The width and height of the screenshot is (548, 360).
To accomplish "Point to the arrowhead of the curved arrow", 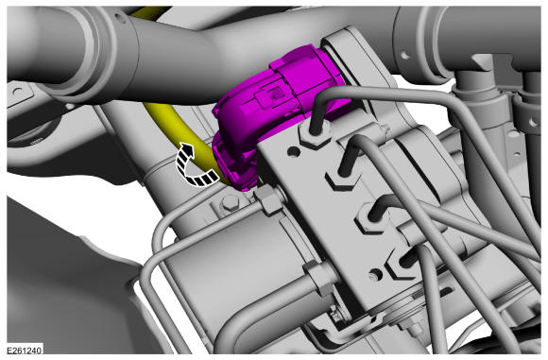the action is pyautogui.click(x=188, y=148).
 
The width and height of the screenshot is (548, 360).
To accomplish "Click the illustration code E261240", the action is pyautogui.click(x=25, y=350).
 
